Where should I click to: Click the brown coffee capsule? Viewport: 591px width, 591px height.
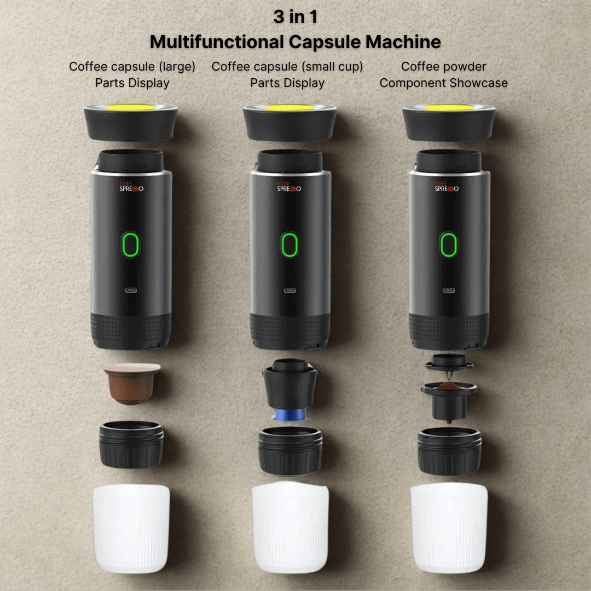(131, 383)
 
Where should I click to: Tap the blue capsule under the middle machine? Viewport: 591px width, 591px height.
(289, 415)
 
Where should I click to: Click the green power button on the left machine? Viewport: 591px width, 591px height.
(130, 245)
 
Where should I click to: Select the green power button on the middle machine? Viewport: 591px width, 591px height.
(289, 245)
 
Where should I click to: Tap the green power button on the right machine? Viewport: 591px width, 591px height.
(449, 245)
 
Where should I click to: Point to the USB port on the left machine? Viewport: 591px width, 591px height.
(131, 290)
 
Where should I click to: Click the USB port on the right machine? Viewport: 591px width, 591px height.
(449, 290)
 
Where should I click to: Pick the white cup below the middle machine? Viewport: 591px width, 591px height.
(290, 528)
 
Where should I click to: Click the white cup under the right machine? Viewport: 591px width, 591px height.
(449, 528)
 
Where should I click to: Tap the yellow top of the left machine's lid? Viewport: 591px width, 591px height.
(131, 107)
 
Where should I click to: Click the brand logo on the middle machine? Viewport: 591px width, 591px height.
(289, 186)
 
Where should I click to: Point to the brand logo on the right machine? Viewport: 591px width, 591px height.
(447, 186)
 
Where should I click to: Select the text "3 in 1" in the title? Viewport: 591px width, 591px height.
(296, 16)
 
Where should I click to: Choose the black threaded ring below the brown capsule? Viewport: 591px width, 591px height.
(131, 445)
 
